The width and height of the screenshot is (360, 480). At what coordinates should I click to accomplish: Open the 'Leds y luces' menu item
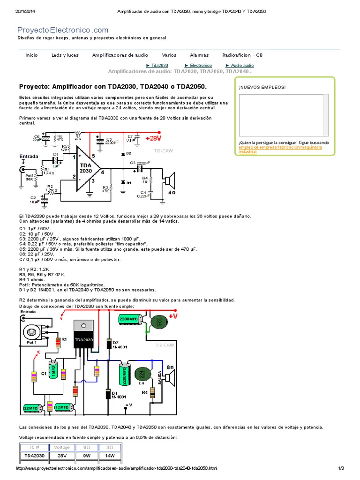coord(65,55)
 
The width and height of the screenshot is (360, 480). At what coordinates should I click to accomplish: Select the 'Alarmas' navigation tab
coord(199,55)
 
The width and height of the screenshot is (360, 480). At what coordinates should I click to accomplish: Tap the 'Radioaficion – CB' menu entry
coord(242,55)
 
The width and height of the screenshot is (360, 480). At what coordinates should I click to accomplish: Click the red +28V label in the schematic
coord(153,139)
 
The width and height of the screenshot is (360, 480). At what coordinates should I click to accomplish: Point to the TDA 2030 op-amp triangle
coord(88,168)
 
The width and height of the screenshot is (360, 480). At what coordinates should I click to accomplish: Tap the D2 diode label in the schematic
coord(128,153)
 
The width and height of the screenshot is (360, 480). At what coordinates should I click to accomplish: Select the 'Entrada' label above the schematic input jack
coord(29,156)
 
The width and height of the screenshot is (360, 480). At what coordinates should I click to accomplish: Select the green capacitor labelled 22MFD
coord(31,408)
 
